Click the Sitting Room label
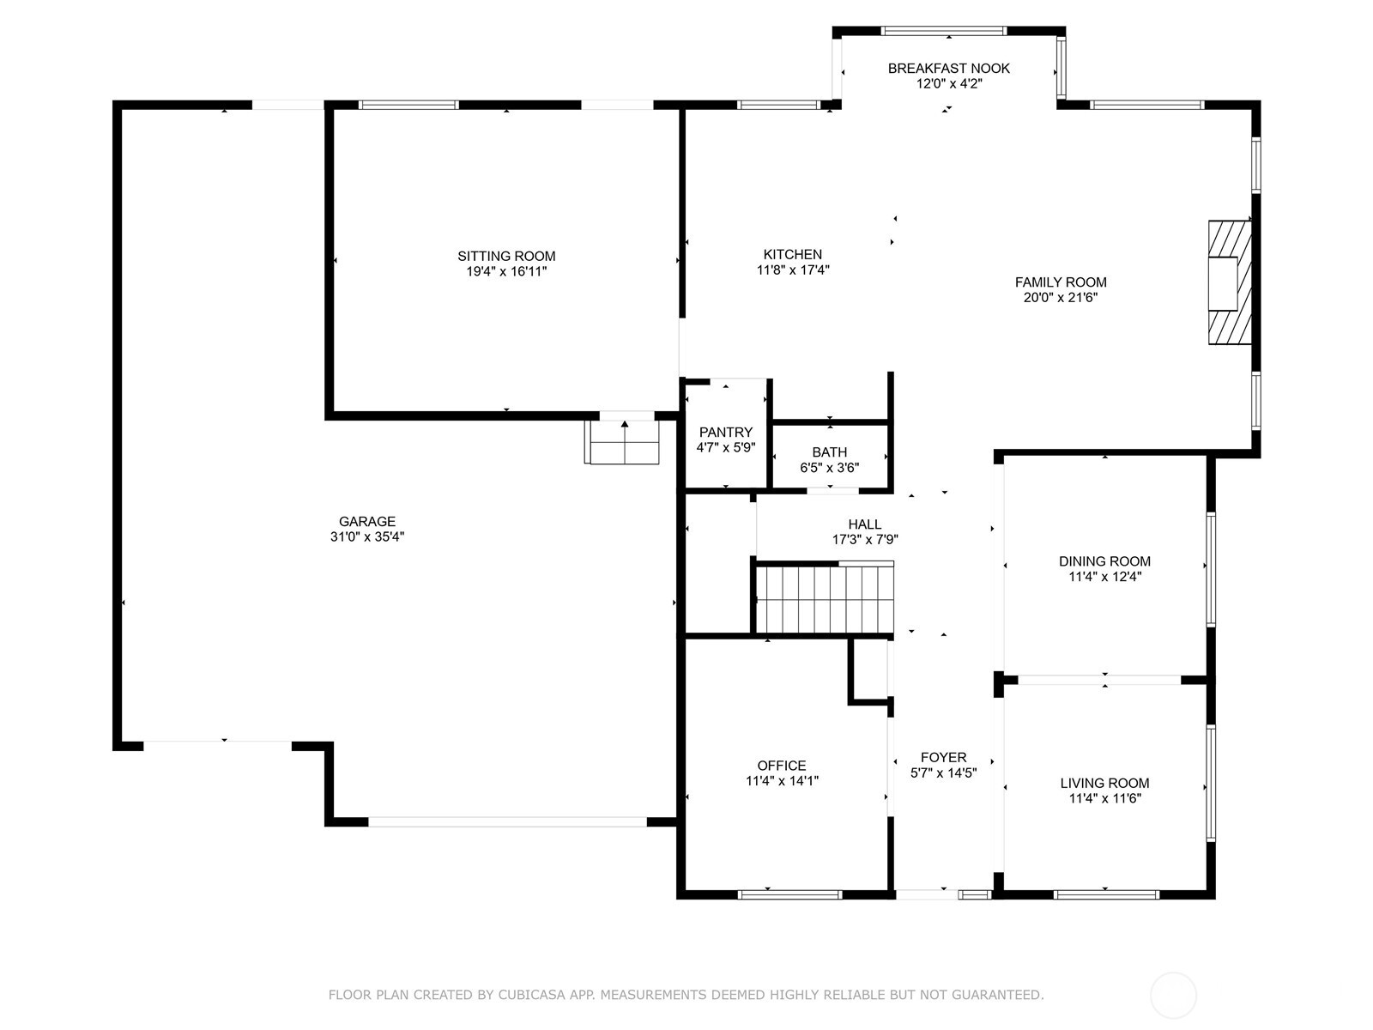pyautogui.click(x=506, y=256)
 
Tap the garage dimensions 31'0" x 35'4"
pyautogui.click(x=367, y=536)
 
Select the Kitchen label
pyautogui.click(x=793, y=255)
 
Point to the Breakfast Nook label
pyautogui.click(x=949, y=68)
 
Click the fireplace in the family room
pyautogui.click(x=1229, y=282)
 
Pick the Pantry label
pyautogui.click(x=726, y=432)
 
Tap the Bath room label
pyautogui.click(x=830, y=452)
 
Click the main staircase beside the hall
pyautogui.click(x=825, y=599)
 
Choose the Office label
pyautogui.click(x=782, y=766)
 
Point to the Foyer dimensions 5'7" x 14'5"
pyautogui.click(x=943, y=773)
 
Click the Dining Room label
pyautogui.click(x=1104, y=561)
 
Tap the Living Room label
pyautogui.click(x=1104, y=783)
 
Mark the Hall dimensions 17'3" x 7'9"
pyautogui.click(x=865, y=540)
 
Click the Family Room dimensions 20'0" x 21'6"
pyautogui.click(x=1061, y=298)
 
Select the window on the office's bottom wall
pyautogui.click(x=790, y=895)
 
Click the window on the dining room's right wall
pyautogui.click(x=1211, y=569)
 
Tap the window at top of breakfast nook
pyautogui.click(x=944, y=31)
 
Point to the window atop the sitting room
pyautogui.click(x=408, y=105)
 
